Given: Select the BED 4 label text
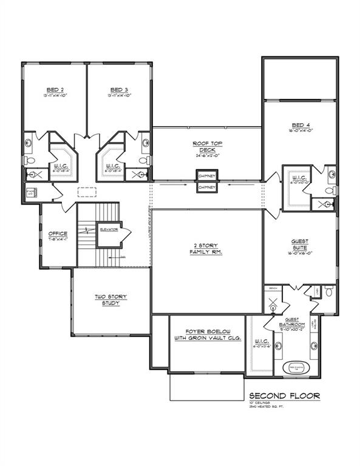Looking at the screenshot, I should click(300, 126).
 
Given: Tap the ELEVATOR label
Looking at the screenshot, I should click(109, 229).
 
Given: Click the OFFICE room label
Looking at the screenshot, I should click(58, 234).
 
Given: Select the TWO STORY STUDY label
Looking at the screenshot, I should click(110, 300).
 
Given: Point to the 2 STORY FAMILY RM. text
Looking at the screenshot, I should click(205, 249).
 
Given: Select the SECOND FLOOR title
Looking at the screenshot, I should click(284, 396).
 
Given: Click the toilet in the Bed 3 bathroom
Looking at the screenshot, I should click(143, 160).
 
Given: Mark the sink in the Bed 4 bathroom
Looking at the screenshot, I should click(331, 174).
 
